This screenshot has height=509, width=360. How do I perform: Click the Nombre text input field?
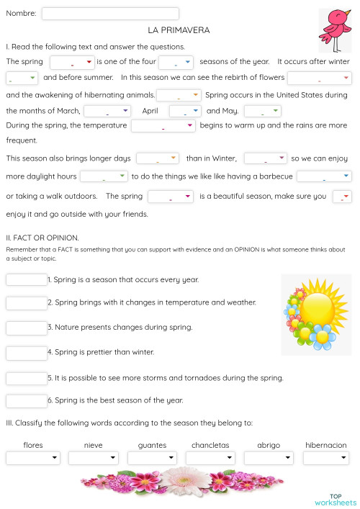(x=110, y=14)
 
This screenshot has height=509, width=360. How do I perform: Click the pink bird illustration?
(x=335, y=30)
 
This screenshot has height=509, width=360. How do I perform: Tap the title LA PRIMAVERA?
(x=179, y=30)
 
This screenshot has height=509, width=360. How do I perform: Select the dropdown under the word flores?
(x=33, y=458)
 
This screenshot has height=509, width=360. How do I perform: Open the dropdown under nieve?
(x=94, y=458)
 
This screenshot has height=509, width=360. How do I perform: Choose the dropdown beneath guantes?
(x=152, y=458)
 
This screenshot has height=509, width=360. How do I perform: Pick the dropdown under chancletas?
(x=210, y=458)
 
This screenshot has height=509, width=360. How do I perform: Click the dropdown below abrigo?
(x=269, y=458)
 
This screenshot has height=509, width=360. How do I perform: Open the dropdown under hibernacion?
(x=325, y=458)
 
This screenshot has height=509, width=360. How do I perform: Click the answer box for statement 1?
(x=26, y=280)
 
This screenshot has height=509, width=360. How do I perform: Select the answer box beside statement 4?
(x=26, y=353)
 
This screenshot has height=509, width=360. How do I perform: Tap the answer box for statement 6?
(x=26, y=400)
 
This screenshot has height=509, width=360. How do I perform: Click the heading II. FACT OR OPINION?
(x=42, y=237)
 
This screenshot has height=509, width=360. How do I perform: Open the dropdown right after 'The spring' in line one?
(x=72, y=62)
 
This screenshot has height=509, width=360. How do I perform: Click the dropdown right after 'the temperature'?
(x=163, y=126)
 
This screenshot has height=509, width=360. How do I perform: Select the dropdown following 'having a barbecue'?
(x=324, y=176)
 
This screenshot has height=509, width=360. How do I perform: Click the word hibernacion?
(x=325, y=445)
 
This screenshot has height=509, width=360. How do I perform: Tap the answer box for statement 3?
(x=26, y=328)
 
